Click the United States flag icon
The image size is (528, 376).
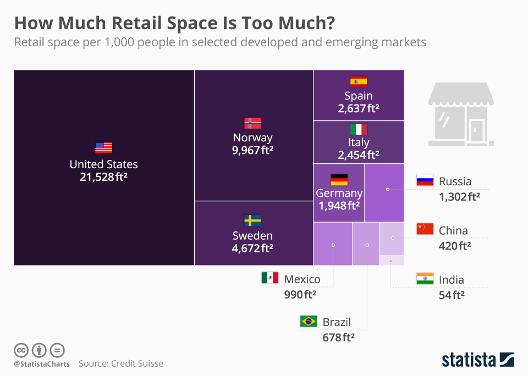click(x=103, y=148)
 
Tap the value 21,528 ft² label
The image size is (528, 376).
click(x=103, y=177)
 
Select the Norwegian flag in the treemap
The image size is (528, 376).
click(x=252, y=123)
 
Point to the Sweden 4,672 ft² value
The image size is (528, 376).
click(x=252, y=248)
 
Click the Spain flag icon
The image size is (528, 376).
click(x=359, y=81)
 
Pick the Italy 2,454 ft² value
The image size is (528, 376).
click(x=359, y=155)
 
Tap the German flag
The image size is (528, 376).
click(x=339, y=180)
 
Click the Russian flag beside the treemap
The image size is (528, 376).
click(x=425, y=180)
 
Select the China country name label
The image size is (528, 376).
click(x=453, y=230)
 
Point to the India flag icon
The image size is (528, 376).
click(x=425, y=279)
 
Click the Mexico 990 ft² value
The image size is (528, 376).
click(x=299, y=295)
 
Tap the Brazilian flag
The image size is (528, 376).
click(x=308, y=321)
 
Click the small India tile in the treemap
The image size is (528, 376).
click(x=392, y=261)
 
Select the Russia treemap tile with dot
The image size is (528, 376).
click(x=384, y=192)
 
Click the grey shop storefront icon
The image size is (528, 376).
click(x=461, y=114)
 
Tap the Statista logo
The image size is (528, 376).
click(x=477, y=360)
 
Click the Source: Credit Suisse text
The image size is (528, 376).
click(x=120, y=363)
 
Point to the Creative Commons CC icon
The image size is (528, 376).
click(x=21, y=350)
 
